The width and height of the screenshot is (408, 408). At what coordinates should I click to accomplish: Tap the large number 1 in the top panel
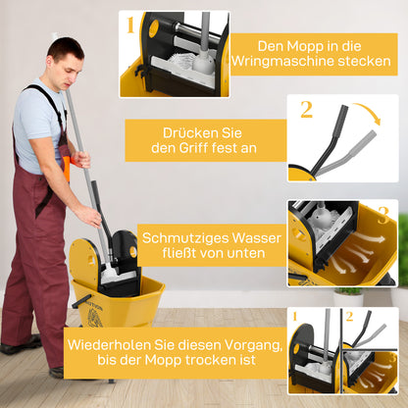point(130,25)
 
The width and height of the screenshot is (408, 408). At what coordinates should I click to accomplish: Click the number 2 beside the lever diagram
point(307,110)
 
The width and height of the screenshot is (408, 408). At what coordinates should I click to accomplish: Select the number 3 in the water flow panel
point(383,213)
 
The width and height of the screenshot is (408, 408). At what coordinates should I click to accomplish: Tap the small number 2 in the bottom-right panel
point(349,317)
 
